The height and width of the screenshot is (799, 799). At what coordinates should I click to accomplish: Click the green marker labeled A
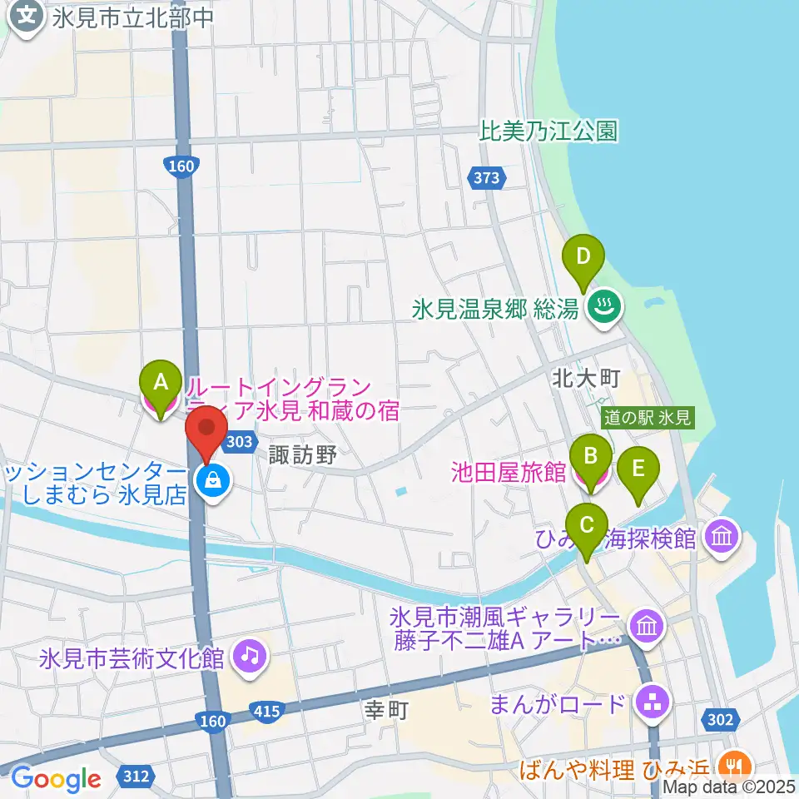161,384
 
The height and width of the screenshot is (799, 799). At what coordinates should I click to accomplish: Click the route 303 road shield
239,442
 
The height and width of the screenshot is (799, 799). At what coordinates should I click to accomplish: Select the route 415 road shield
265,709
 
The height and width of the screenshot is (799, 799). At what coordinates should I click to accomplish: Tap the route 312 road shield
134,777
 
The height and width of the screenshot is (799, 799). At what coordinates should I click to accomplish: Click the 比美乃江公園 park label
549,131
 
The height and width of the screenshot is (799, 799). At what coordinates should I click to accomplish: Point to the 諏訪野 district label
303,454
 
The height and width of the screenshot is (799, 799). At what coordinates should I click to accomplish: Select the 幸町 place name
387,711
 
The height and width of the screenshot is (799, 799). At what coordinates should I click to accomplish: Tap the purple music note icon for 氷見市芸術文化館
249,655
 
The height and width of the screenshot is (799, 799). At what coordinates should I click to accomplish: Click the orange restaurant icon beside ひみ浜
733,764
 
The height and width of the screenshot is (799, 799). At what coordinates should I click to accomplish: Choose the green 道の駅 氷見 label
648,419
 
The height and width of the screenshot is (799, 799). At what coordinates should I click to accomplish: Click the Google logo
56,779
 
